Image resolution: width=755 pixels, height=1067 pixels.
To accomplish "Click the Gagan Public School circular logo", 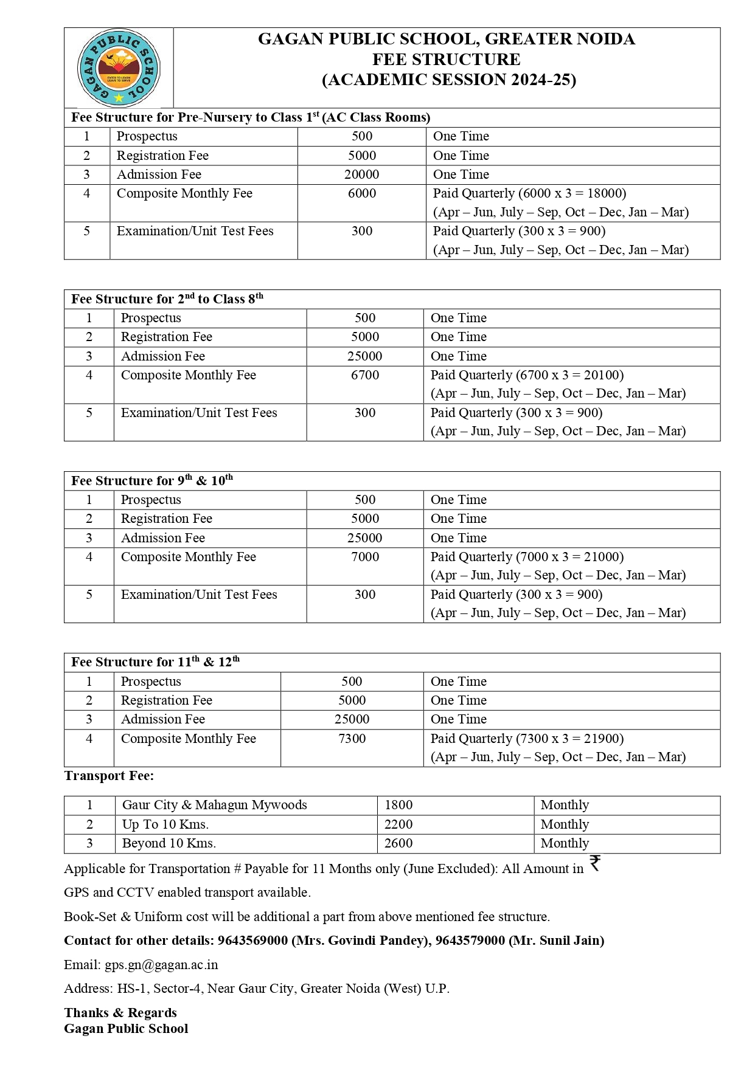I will pyautogui.click(x=119, y=68).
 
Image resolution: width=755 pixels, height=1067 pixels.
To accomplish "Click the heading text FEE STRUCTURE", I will pyautogui.click(x=447, y=60).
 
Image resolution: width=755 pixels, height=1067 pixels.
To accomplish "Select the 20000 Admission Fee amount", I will pyautogui.click(x=361, y=174).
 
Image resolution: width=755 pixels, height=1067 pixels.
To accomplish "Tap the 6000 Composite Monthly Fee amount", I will pyautogui.click(x=361, y=193).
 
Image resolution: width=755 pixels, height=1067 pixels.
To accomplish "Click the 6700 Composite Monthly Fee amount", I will pyautogui.click(x=364, y=375).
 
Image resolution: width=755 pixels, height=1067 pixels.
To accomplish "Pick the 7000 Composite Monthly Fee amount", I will pyautogui.click(x=364, y=557).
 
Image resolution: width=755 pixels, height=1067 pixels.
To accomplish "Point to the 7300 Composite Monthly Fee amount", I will pyautogui.click(x=352, y=739).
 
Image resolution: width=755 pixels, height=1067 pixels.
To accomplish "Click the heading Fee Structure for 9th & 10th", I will pyautogui.click(x=151, y=481).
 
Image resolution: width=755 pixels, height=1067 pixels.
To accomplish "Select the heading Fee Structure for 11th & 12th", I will pyautogui.click(x=155, y=662).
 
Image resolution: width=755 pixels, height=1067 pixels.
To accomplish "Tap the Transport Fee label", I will pyautogui.click(x=109, y=776).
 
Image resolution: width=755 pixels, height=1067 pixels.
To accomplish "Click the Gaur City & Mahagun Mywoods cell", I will pyautogui.click(x=214, y=805).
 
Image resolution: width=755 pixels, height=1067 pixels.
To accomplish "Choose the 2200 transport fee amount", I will pyautogui.click(x=398, y=824).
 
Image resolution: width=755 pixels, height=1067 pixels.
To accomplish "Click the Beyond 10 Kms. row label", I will pyautogui.click(x=169, y=843).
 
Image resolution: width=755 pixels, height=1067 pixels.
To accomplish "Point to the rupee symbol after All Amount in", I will pyautogui.click(x=595, y=863).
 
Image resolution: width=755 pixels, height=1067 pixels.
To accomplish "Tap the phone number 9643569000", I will pyautogui.click(x=252, y=941).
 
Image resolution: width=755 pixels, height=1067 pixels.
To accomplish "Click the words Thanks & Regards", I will pyautogui.click(x=120, y=1013).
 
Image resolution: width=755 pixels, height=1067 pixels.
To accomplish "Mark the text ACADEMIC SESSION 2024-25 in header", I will pyautogui.click(x=449, y=80).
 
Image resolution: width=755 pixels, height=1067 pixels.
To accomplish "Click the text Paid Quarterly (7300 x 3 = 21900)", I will pyautogui.click(x=527, y=739).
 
